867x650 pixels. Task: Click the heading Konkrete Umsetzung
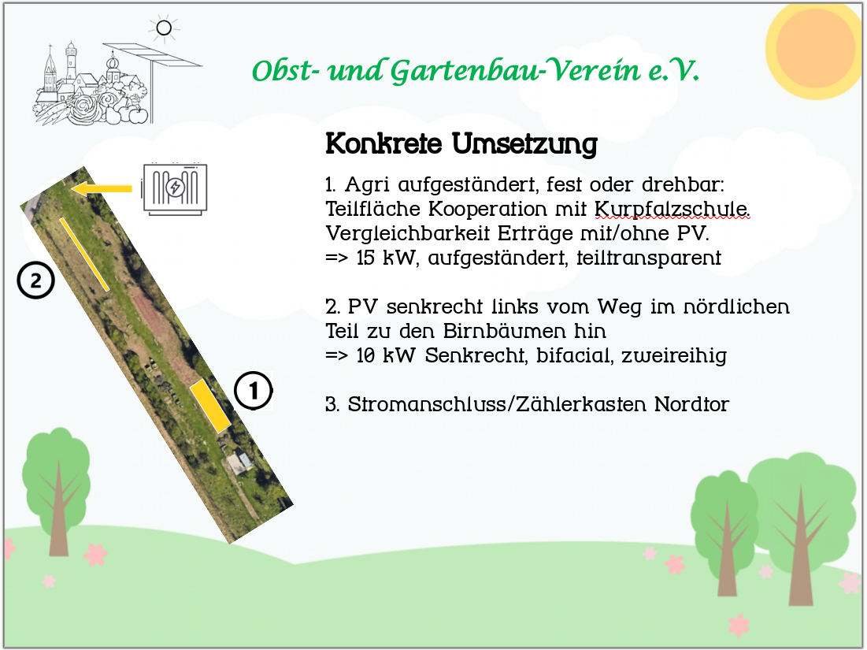(461, 143)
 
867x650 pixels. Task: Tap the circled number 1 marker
(254, 391)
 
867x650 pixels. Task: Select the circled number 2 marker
(35, 280)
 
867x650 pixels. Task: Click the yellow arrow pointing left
(102, 188)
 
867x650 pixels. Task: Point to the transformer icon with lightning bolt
(175, 188)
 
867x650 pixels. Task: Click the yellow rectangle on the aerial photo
(210, 406)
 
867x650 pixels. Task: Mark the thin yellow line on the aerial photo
(84, 254)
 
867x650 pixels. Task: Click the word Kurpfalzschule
(672, 209)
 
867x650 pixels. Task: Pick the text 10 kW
(386, 355)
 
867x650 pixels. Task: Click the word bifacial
(575, 355)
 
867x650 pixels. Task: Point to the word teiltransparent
(649, 258)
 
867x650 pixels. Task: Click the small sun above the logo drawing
(164, 28)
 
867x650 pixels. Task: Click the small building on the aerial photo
(239, 462)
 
